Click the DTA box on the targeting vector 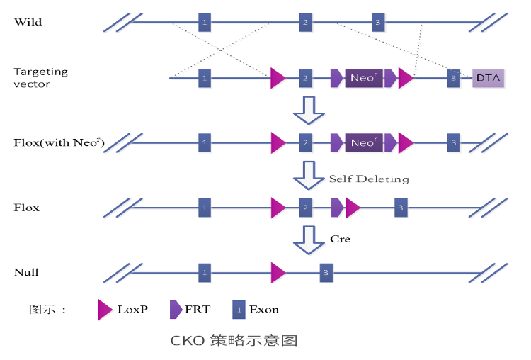pos(489,77)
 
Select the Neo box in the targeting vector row pos(363,78)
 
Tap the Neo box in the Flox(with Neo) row pos(363,142)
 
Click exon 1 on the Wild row pos(204,22)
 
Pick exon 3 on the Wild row pos(379,22)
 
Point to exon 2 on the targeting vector pos(305,78)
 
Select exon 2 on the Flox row pos(305,208)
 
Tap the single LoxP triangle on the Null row pos(278,272)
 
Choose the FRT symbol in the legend pos(176,309)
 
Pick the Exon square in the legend pos(239,309)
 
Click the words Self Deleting pos(369,179)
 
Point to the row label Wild pos(28,22)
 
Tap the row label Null pos(26,272)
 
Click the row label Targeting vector pos(41,78)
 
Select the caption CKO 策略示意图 pos(234,341)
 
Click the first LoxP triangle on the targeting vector pos(278,78)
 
